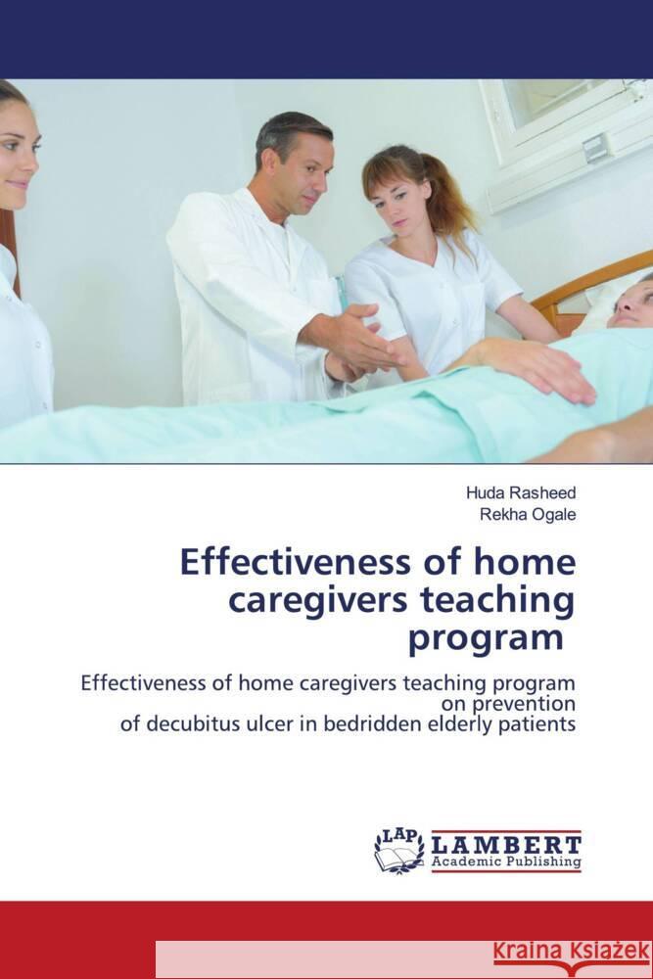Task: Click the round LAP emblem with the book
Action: tap(398, 849)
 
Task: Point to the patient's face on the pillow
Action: tap(628, 303)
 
